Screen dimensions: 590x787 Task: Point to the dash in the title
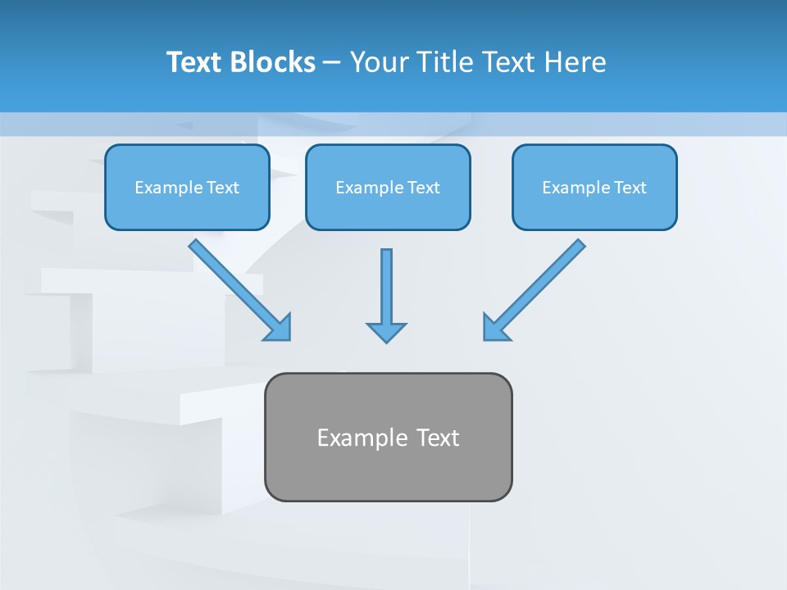coord(332,63)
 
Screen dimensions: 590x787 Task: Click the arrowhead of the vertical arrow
coord(386,333)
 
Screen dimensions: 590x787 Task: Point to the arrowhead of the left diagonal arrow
coord(280,328)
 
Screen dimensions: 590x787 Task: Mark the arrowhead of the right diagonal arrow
coord(495,328)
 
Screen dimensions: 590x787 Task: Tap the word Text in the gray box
coord(438,438)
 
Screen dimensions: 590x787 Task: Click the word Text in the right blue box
coord(630,188)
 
